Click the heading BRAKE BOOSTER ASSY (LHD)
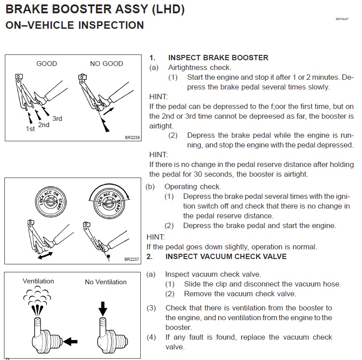[x=95, y=9]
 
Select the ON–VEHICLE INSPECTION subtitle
[x=74, y=25]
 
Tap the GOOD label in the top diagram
[x=46, y=64]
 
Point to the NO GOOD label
[x=106, y=64]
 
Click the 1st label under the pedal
[x=31, y=129]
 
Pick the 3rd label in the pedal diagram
[x=57, y=119]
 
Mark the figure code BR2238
[x=132, y=138]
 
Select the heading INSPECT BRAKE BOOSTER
[x=218, y=58]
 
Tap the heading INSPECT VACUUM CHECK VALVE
[x=226, y=256]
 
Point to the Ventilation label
[x=38, y=281]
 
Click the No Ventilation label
[x=105, y=282]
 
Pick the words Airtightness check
[x=200, y=68]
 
